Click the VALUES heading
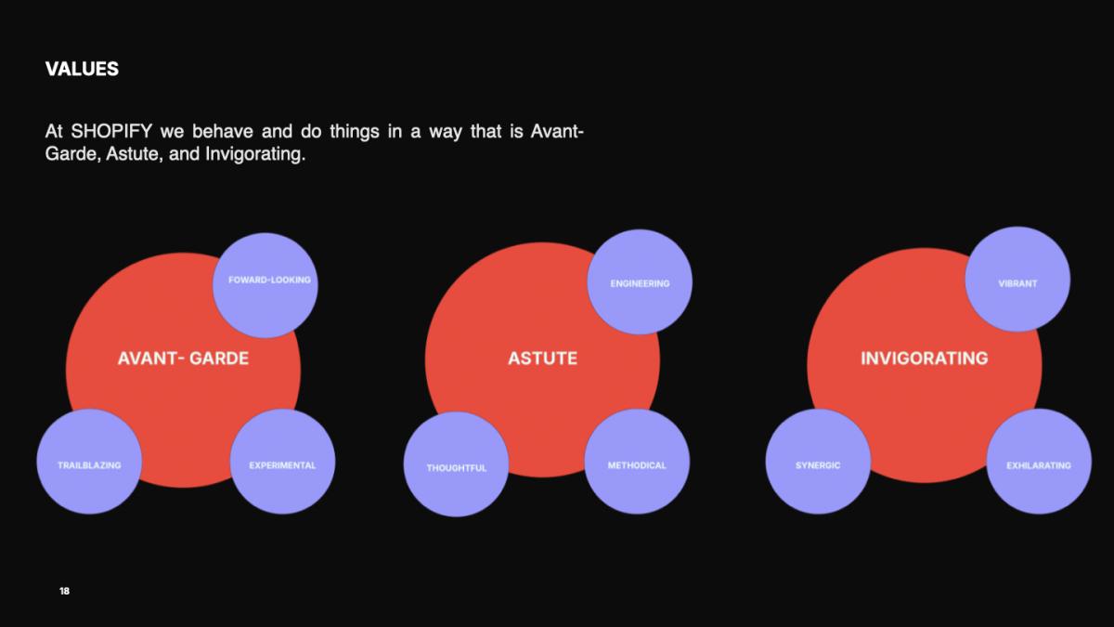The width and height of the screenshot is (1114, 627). point(82,69)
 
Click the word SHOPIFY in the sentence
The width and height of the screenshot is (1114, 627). point(111,131)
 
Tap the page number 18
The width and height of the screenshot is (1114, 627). point(65,591)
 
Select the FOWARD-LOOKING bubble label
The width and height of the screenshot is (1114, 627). point(269,281)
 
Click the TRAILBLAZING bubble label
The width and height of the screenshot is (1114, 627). point(89,465)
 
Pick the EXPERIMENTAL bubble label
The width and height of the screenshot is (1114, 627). point(282,465)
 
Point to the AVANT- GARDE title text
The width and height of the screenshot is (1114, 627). point(183,359)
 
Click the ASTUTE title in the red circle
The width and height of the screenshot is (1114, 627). point(542,359)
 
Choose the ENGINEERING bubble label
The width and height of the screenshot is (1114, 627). point(640,283)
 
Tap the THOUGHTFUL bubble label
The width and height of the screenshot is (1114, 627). point(457,468)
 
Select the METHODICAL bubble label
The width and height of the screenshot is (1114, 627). point(637,465)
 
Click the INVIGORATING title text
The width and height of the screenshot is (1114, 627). point(925,359)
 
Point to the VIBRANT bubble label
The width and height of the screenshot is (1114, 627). point(1018,283)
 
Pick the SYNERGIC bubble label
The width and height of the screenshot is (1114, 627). point(818,465)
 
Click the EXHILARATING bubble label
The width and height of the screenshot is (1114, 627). point(1039,465)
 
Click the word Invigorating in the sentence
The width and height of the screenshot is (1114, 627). point(255,154)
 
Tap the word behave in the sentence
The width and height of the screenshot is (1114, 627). point(223,131)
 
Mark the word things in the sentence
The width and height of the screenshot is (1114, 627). point(355,132)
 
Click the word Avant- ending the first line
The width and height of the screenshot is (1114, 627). point(557,131)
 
